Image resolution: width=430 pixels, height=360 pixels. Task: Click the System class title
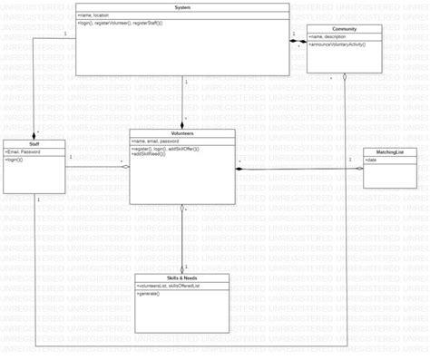[182, 7]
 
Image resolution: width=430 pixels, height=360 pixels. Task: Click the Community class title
[344, 29]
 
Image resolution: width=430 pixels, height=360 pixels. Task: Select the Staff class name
[34, 143]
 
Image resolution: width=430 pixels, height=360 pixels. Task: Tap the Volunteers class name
[182, 133]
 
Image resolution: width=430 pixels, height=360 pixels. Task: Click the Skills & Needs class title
[182, 277]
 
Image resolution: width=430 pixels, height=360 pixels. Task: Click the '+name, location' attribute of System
[94, 15]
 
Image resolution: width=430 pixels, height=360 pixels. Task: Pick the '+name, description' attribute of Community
[327, 36]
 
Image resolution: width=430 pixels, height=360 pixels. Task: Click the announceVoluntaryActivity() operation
[339, 44]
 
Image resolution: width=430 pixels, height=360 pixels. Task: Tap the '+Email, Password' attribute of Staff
[23, 151]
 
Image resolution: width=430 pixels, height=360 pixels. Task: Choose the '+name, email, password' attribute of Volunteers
[155, 141]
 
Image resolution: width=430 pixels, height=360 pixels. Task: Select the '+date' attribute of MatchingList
[371, 160]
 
